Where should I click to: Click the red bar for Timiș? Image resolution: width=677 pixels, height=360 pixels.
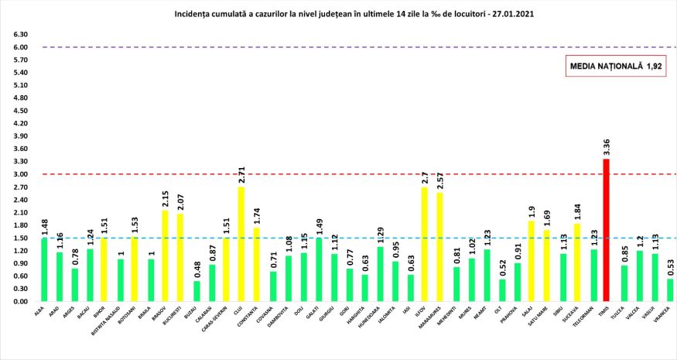pyautogui.click(x=607, y=230)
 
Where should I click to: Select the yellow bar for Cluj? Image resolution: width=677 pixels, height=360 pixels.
pyautogui.click(x=241, y=244)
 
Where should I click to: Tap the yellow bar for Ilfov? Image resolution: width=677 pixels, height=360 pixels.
pyautogui.click(x=424, y=244)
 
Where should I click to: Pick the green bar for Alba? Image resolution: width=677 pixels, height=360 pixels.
pyautogui.click(x=44, y=270)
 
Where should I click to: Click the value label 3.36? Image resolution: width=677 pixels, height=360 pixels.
pyautogui.click(x=607, y=147)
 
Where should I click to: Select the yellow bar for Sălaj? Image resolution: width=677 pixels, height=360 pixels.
pyautogui.click(x=531, y=262)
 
